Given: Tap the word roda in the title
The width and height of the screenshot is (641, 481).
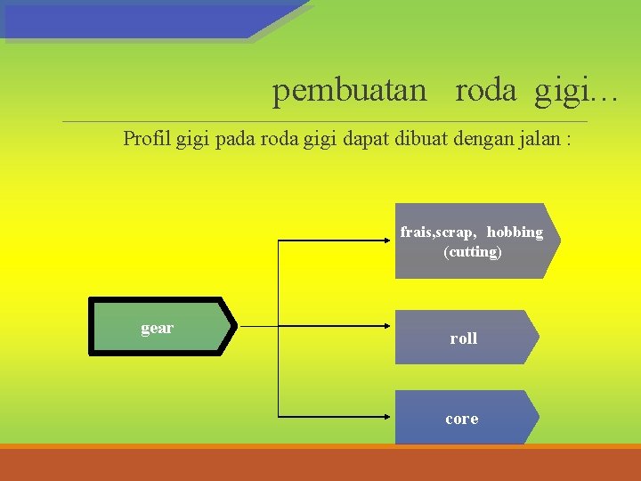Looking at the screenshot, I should [485, 91].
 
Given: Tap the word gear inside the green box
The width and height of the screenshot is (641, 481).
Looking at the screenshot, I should [157, 328].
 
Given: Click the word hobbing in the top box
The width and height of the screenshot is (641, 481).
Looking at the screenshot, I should [515, 232].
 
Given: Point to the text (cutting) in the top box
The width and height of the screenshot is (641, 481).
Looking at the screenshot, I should [472, 251].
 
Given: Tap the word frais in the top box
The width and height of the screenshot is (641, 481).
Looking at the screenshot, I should [416, 232].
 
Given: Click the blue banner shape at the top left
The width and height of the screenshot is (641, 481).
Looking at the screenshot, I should [151, 20].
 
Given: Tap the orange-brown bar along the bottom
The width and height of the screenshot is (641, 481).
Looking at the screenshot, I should [320, 464].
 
